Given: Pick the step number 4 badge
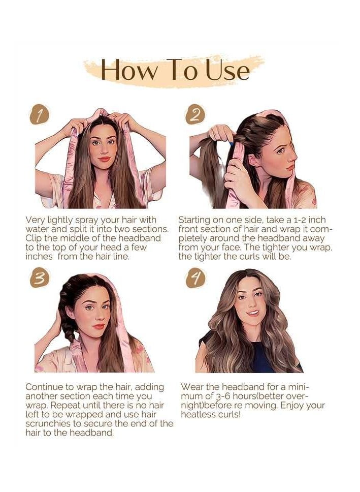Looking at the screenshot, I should point(194,279).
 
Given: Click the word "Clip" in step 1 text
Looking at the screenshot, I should point(36,238).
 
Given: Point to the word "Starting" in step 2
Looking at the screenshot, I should point(195,220).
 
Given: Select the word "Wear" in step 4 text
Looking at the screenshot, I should point(192,387).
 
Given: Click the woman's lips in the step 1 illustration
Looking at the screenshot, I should point(105,158).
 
